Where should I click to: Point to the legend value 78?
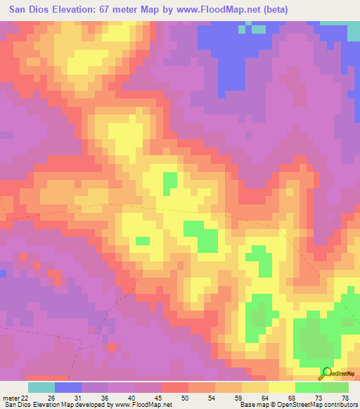[344, 398]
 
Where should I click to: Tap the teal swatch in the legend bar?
[41, 387]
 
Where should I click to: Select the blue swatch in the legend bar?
[68, 387]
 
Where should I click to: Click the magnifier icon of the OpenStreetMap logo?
[326, 372]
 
